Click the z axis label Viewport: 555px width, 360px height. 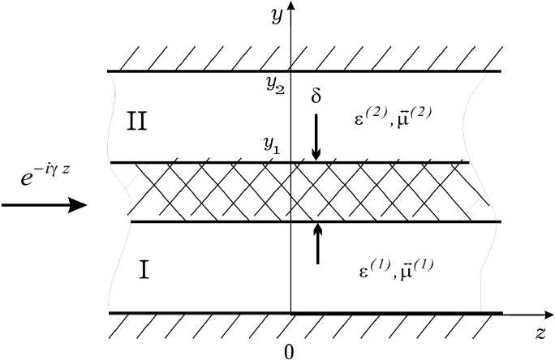[540, 332]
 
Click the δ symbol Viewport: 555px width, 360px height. [316, 97]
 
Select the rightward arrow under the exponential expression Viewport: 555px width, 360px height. [44, 205]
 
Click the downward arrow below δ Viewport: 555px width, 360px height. [317, 138]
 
